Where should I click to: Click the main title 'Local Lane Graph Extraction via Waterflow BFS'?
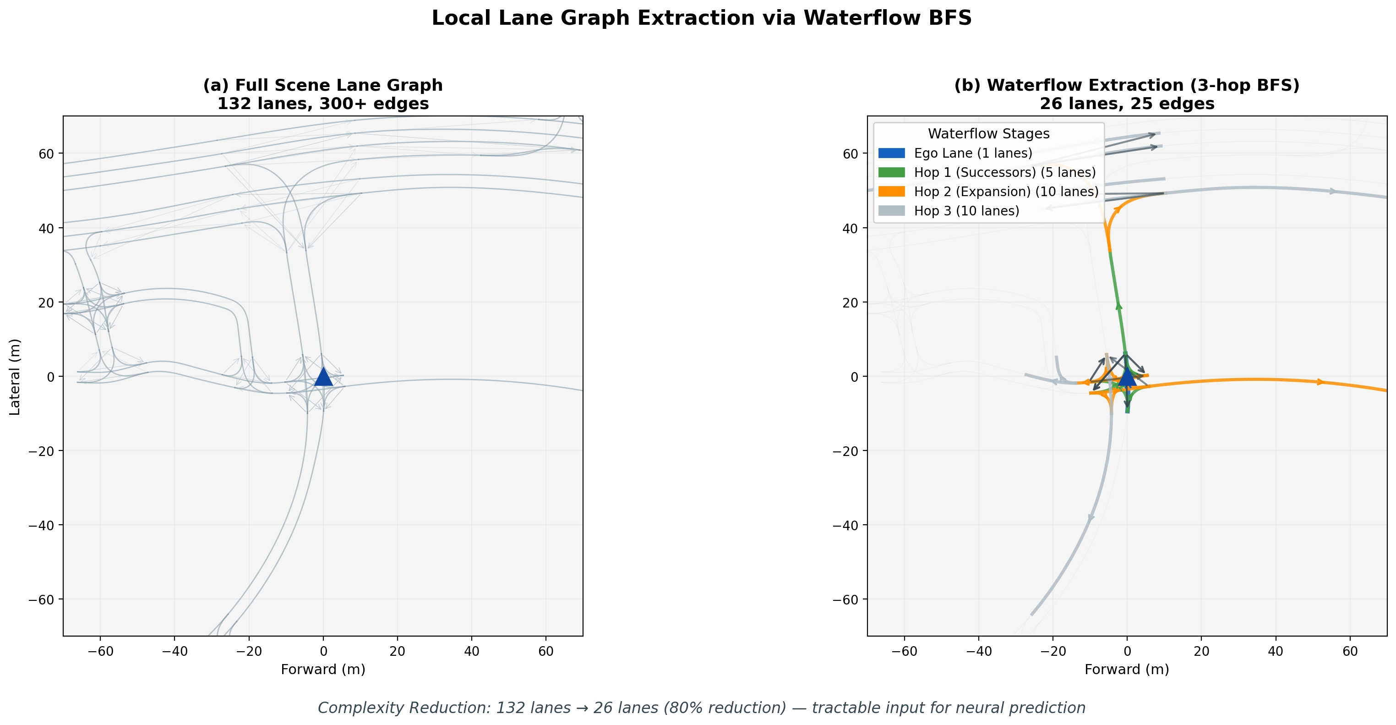pyautogui.click(x=701, y=18)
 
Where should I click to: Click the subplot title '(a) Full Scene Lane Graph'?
pyautogui.click(x=323, y=85)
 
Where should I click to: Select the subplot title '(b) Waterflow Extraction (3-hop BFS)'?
pyautogui.click(x=1127, y=85)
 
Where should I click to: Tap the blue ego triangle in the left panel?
pyautogui.click(x=323, y=376)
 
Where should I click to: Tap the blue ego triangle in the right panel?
pyautogui.click(x=1127, y=376)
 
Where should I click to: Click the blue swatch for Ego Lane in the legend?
pyautogui.click(x=891, y=154)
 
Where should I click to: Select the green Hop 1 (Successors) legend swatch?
pyautogui.click(x=891, y=172)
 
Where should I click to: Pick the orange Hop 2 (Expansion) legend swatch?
pyautogui.click(x=891, y=192)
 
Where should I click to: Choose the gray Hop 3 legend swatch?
pyautogui.click(x=891, y=211)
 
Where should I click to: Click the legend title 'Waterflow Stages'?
pyautogui.click(x=988, y=133)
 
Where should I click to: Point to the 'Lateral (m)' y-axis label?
pyautogui.click(x=15, y=376)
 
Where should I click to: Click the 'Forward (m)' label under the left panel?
pyautogui.click(x=323, y=669)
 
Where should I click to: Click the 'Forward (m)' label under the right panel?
pyautogui.click(x=1127, y=669)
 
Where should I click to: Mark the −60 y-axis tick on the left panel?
pyautogui.click(x=41, y=599)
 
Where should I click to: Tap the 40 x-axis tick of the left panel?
pyautogui.click(x=471, y=651)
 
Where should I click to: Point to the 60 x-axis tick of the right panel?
pyautogui.click(x=1350, y=651)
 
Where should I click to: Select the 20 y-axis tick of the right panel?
pyautogui.click(x=851, y=302)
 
